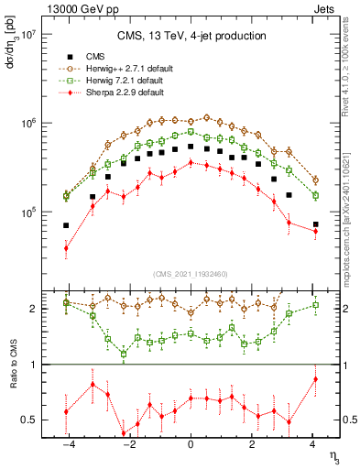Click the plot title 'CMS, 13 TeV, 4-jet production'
[x=191, y=36]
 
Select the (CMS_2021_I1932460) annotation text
[x=191, y=272]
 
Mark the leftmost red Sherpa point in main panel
[x=66, y=247]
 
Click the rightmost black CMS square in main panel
[x=315, y=224]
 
